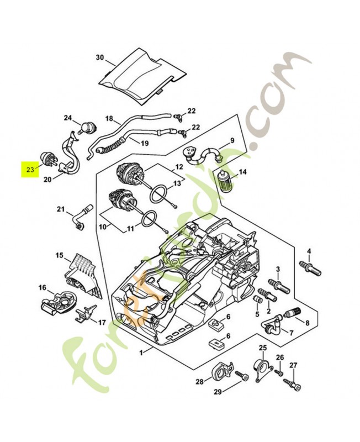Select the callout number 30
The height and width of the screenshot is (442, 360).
[x=99, y=57]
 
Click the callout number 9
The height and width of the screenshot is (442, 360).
[x=232, y=140]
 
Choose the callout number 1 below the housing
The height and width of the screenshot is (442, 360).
[x=142, y=352]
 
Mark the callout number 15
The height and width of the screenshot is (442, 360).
[x=59, y=255]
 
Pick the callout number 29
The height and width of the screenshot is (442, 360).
[x=218, y=392]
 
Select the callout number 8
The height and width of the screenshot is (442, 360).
[x=307, y=322]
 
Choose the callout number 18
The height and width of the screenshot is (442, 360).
[x=109, y=119]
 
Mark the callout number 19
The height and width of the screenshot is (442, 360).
[x=145, y=143]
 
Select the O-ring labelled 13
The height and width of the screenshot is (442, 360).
[x=158, y=195]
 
